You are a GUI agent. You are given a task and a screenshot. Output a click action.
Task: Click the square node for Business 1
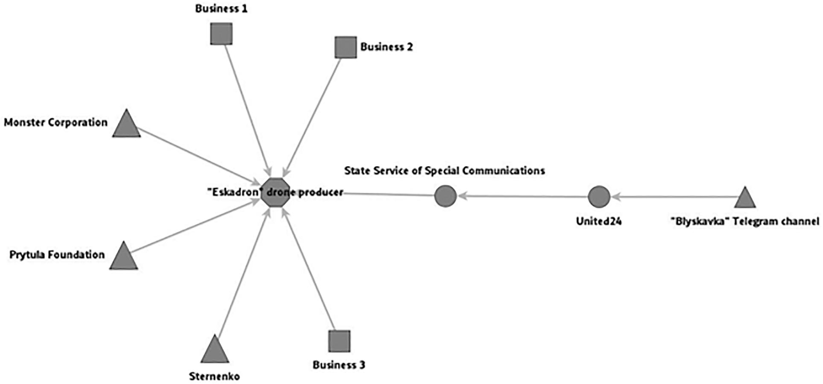click(221, 34)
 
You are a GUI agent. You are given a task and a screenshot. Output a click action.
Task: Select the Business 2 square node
click(346, 47)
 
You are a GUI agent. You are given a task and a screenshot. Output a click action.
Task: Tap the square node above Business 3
click(339, 341)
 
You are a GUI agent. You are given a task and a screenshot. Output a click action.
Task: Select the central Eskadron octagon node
click(275, 192)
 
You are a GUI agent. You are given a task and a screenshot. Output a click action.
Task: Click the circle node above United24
click(599, 197)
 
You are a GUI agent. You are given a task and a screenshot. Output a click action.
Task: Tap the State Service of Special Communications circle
click(445, 196)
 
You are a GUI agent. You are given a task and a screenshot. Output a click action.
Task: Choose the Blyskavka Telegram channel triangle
click(745, 198)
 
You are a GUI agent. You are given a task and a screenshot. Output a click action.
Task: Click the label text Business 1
click(221, 9)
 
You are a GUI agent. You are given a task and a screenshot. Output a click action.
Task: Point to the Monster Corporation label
click(56, 123)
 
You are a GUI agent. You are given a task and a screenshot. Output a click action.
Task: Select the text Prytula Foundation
click(57, 255)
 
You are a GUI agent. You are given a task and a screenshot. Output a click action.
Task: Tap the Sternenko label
click(214, 376)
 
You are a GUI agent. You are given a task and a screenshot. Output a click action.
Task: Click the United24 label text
click(599, 221)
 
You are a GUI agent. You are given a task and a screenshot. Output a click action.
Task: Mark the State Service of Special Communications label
click(444, 171)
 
